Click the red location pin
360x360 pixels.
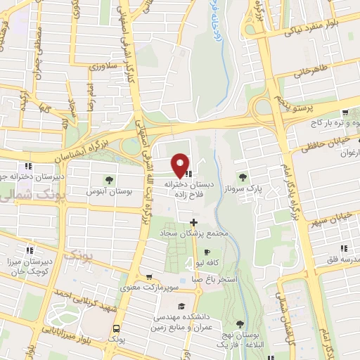[x=181, y=164]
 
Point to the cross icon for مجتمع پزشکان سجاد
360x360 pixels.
[x=193, y=223]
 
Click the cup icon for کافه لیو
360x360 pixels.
[x=206, y=252]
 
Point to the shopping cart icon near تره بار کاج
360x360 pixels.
[x=345, y=111]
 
